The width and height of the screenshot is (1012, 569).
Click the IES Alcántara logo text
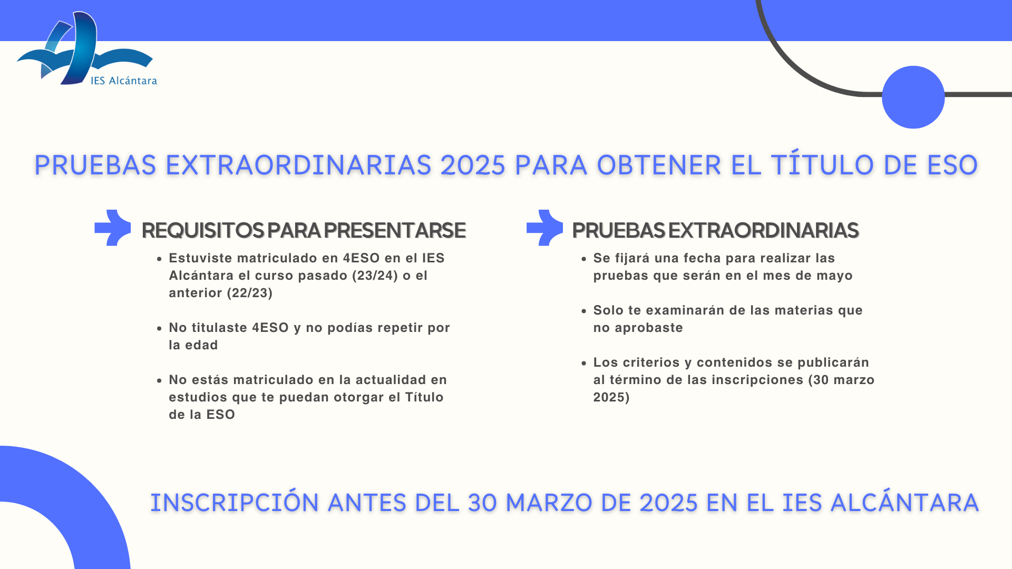pos(124,81)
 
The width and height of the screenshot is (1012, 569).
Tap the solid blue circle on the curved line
pos(913,97)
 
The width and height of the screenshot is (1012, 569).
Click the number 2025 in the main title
pos(473,165)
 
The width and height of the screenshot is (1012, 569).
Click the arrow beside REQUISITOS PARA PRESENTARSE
pos(113,228)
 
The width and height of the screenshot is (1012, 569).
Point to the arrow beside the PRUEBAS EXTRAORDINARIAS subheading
pos(545,228)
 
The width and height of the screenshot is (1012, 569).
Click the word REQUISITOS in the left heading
pos(203,231)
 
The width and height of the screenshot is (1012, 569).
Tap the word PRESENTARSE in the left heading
pos(395,231)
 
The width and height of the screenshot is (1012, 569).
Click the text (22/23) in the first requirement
pos(250,293)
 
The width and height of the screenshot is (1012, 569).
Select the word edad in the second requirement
pos(201,345)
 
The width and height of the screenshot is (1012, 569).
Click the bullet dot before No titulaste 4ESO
pos(159,328)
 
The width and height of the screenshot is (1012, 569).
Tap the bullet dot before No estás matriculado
pos(159,380)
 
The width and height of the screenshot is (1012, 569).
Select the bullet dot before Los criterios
pos(583,363)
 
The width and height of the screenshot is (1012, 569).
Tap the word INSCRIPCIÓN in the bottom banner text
pos(235,502)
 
